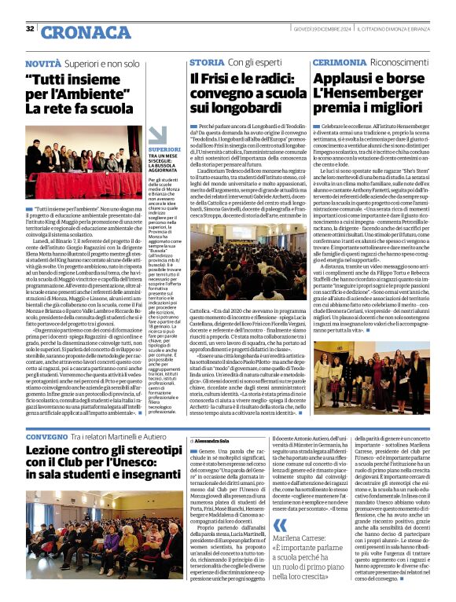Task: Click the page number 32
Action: [x=31, y=28]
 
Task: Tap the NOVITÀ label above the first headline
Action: [x=42, y=62]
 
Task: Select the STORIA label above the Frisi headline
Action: [x=206, y=62]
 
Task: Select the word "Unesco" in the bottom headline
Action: [x=153, y=462]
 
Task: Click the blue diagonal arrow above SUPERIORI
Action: [x=157, y=134]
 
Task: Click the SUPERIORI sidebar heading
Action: [x=164, y=149]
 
